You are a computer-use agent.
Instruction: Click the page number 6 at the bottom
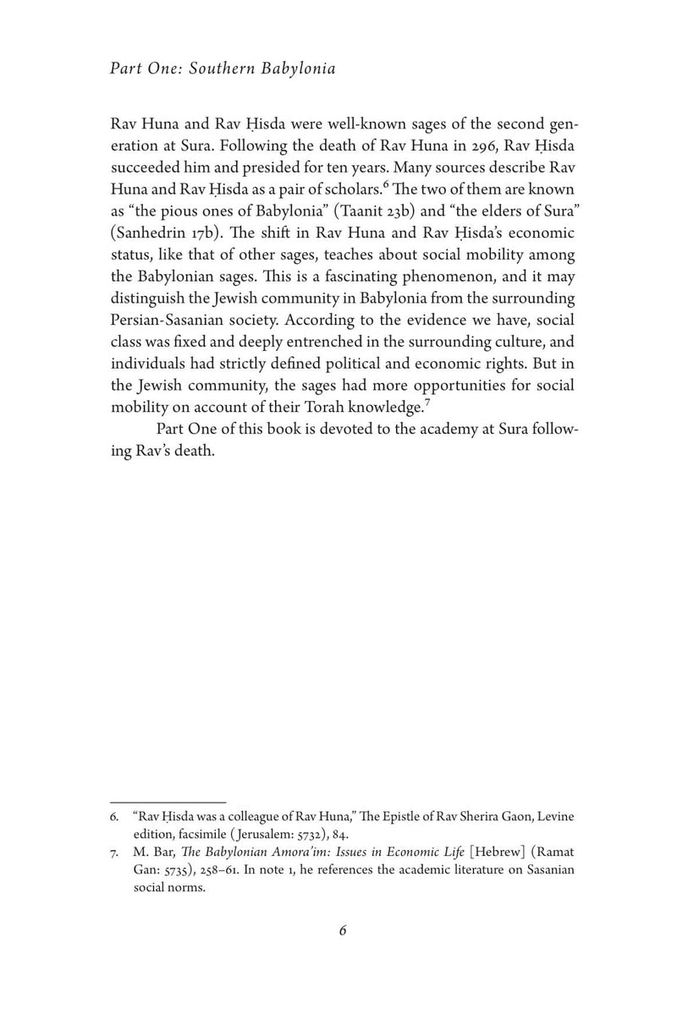(343, 930)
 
